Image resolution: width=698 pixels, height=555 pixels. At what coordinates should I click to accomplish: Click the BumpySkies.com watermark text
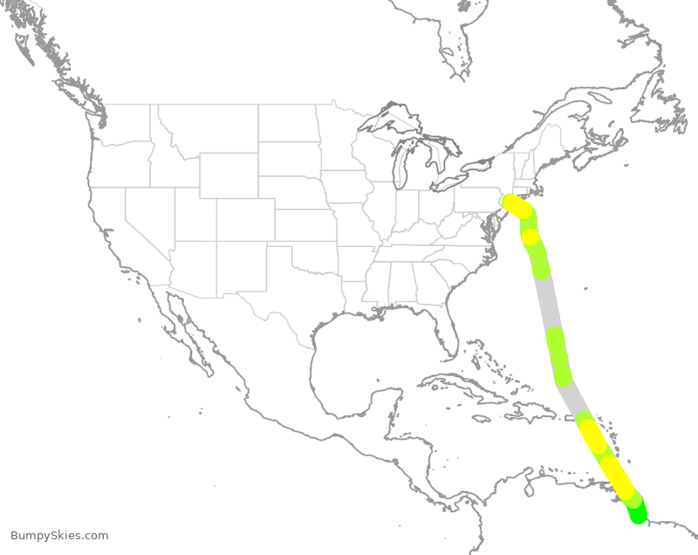point(59,535)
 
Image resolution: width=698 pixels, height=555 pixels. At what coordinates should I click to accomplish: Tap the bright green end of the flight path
point(639,514)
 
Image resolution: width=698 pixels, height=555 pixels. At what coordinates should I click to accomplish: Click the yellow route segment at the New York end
point(517,207)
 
